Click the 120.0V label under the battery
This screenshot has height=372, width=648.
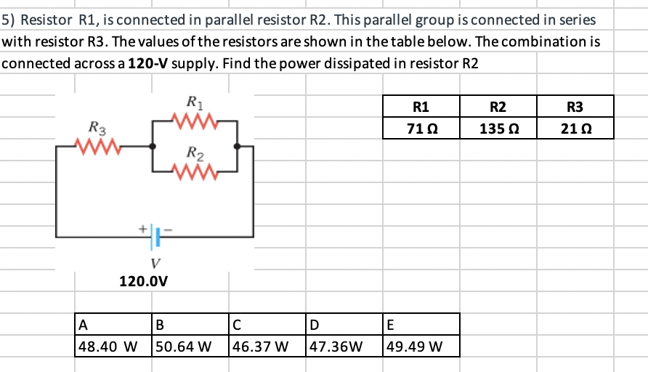point(145,280)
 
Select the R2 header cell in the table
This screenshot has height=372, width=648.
point(498,107)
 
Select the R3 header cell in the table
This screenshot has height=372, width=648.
point(575,107)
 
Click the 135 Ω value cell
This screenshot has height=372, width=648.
point(498,129)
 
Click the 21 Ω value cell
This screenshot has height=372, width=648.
point(575,129)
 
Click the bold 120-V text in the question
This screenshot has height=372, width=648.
point(149,63)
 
